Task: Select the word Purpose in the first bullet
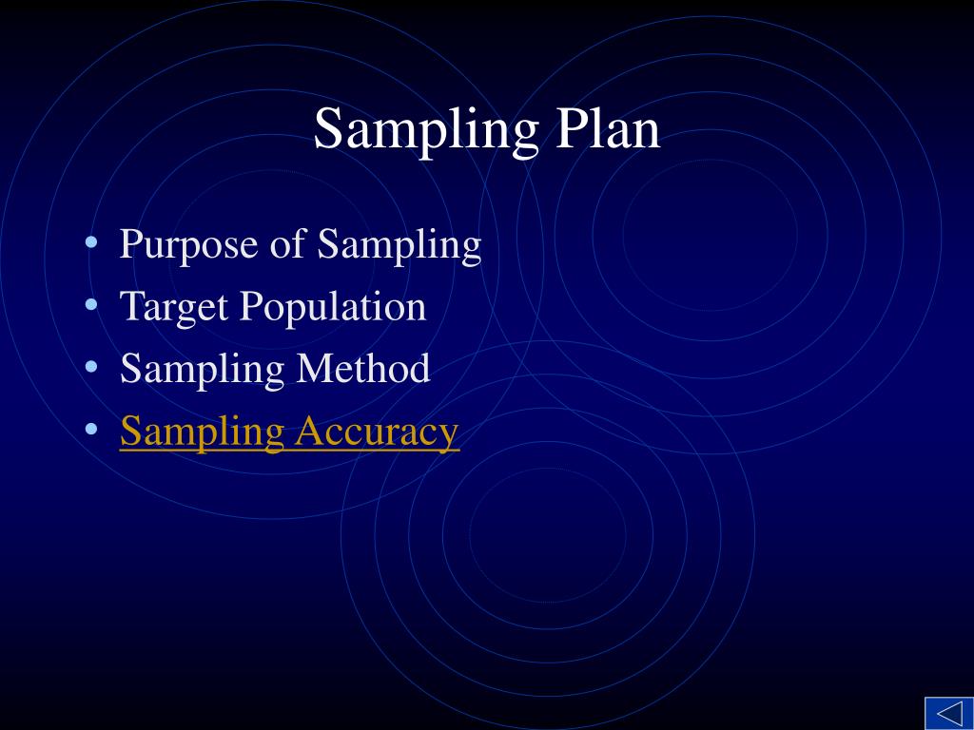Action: click(x=189, y=246)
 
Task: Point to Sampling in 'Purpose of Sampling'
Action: click(x=399, y=246)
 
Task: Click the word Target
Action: click(x=174, y=308)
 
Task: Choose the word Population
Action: click(x=333, y=308)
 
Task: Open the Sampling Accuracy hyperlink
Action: click(x=289, y=432)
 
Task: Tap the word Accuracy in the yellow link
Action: click(x=377, y=432)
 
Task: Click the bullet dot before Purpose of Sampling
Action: click(x=91, y=243)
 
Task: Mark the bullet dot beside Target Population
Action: click(x=91, y=305)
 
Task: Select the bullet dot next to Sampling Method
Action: click(x=91, y=367)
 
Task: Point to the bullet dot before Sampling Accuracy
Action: click(x=91, y=429)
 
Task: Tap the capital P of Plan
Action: click(x=572, y=129)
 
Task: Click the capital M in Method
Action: click(x=315, y=369)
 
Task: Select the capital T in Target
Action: click(x=130, y=307)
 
